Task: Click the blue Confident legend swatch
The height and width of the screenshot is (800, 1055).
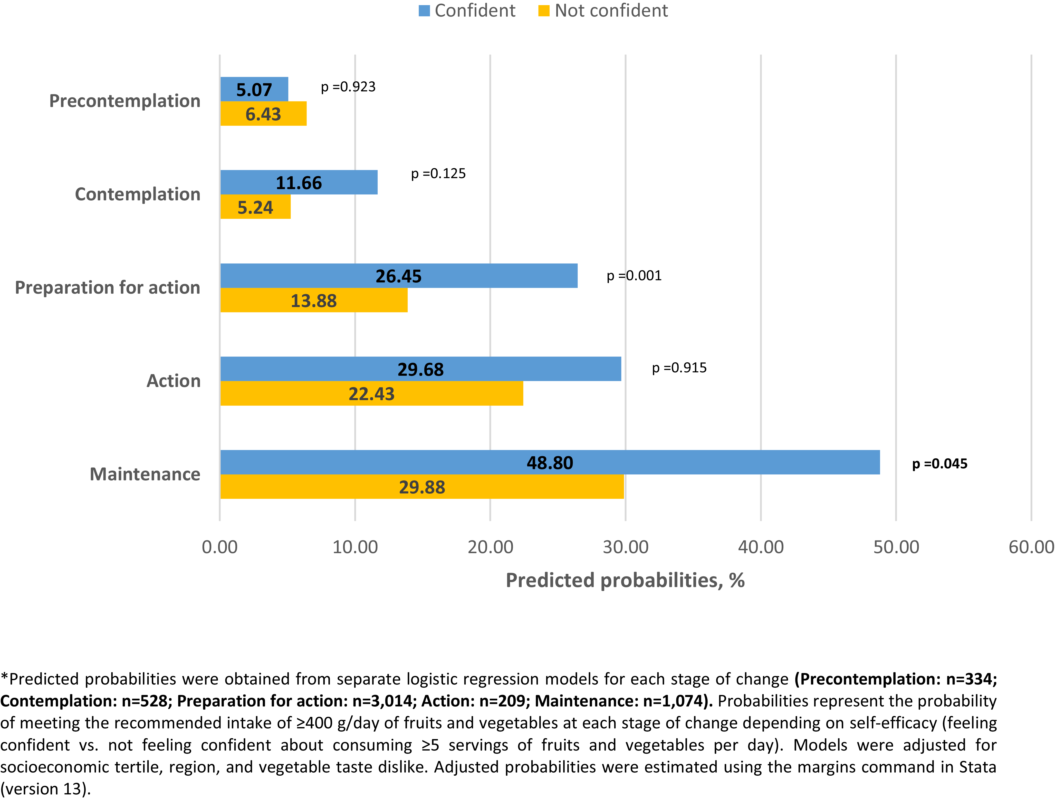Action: click(x=424, y=10)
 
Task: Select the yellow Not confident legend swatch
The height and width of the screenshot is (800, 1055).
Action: click(x=544, y=10)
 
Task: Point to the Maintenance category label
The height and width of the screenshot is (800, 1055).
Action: click(x=145, y=474)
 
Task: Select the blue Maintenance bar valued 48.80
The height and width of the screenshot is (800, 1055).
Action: click(x=550, y=462)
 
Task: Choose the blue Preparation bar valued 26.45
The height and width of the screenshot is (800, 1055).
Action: click(x=398, y=276)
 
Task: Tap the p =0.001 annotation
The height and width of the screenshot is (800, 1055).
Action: click(x=634, y=276)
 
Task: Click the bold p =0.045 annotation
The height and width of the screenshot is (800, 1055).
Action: click(x=940, y=464)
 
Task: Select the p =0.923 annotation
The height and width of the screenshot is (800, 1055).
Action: click(x=348, y=87)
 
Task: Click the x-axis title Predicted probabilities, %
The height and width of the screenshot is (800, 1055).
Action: click(x=625, y=580)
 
